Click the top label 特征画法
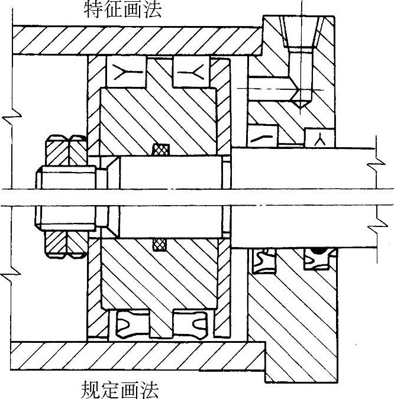pyautogui.click(x=122, y=9)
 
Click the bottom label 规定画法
pyautogui.click(x=120, y=390)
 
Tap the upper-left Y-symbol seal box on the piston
pyautogui.click(x=126, y=72)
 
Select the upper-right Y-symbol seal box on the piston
pyautogui.click(x=191, y=72)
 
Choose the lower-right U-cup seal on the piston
pyautogui.click(x=190, y=323)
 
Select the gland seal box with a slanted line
pyautogui.click(x=261, y=137)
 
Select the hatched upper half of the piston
pyautogui.click(x=160, y=121)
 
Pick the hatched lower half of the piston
pyautogui.click(x=160, y=275)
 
